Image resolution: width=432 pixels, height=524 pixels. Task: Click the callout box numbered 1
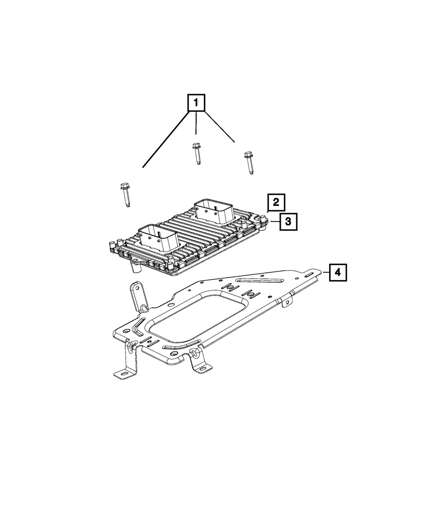point(196,103)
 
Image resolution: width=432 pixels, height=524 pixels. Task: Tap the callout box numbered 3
point(288,222)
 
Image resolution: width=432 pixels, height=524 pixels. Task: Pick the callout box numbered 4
point(338,272)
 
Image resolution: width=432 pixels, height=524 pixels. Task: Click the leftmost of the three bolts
point(124,194)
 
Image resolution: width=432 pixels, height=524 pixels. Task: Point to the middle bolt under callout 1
point(196,154)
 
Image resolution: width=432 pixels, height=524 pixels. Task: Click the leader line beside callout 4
point(326,272)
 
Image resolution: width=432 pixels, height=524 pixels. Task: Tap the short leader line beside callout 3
point(275,222)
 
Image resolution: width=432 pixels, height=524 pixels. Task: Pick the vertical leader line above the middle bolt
point(196,123)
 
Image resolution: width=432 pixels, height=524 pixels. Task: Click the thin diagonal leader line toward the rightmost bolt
point(219,127)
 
